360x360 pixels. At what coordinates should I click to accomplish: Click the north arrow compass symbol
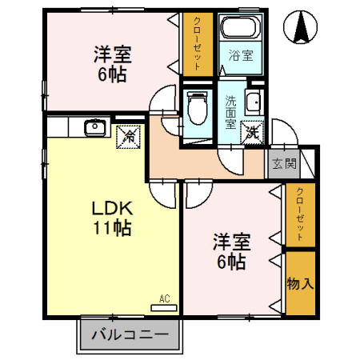302,29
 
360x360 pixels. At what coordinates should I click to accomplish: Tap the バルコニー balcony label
129,334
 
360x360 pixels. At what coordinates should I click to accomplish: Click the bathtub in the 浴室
241,29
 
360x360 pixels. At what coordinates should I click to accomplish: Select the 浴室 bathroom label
240,56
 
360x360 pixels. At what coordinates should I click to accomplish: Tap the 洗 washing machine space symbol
251,132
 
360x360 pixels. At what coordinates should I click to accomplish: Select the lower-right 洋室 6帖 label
229,250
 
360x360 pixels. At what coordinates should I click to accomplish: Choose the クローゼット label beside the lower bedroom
300,214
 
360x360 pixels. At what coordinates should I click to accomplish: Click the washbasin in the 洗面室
254,102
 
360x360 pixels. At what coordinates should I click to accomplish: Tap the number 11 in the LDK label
100,227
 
